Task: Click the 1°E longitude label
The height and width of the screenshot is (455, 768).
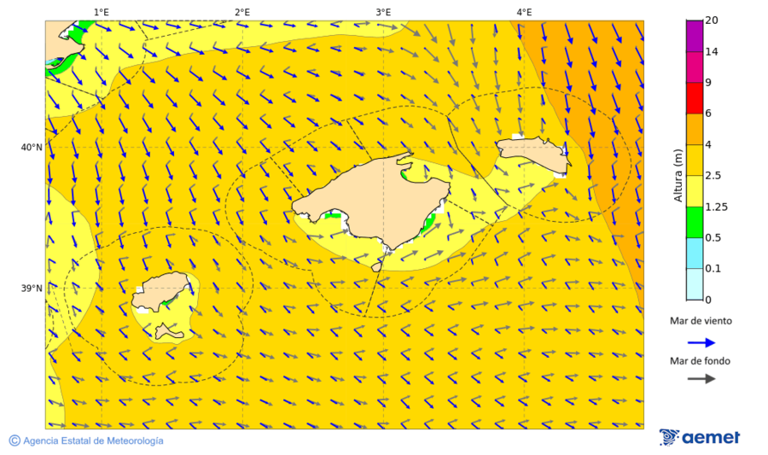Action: pos(101,12)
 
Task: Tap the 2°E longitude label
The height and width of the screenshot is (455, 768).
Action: pos(241,12)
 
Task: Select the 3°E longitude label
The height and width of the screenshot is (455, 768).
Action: pos(383,12)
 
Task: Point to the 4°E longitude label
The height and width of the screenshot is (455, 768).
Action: pos(524,12)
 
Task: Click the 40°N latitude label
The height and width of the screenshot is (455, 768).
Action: pos(32,147)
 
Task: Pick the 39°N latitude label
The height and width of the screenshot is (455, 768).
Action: pos(32,289)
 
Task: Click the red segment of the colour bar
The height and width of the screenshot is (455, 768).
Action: pos(694,97)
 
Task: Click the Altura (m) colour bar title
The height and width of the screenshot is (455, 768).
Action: pos(679,175)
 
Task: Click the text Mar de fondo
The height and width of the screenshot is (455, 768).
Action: pos(700,361)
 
